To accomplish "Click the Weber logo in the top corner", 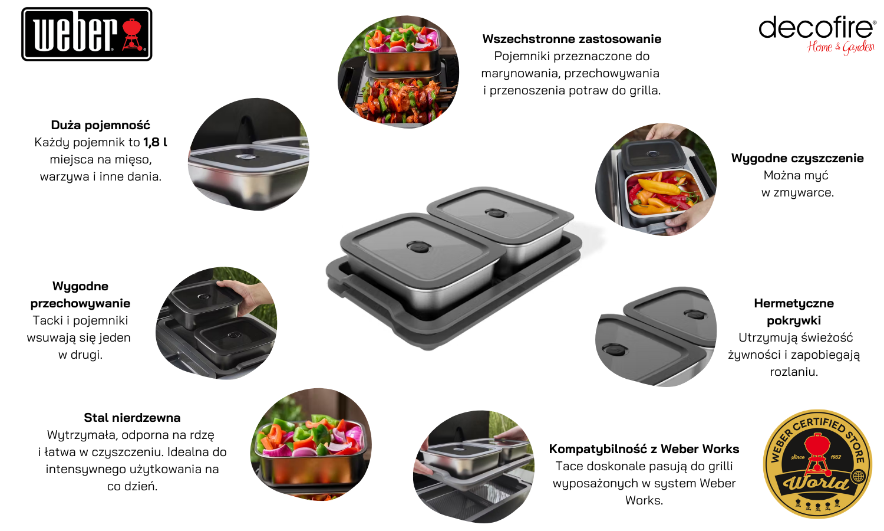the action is click(x=87, y=34).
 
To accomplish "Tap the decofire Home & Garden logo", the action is click(x=817, y=35).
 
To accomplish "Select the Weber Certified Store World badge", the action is click(x=817, y=464).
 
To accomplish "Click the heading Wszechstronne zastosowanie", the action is click(x=572, y=39).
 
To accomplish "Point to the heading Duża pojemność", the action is click(x=101, y=125).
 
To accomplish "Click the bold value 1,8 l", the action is click(x=155, y=142).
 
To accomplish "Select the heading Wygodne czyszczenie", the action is click(x=797, y=159).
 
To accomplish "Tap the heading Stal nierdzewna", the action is click(x=132, y=418).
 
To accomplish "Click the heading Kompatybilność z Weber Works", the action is click(x=644, y=449).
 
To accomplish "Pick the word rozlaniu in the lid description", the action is click(x=794, y=372).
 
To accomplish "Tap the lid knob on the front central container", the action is click(x=418, y=247).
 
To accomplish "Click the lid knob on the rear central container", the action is click(x=496, y=214).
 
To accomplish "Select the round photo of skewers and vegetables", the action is click(x=398, y=71).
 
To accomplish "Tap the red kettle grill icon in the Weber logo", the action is click(x=133, y=34).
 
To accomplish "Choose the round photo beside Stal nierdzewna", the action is click(x=311, y=444).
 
